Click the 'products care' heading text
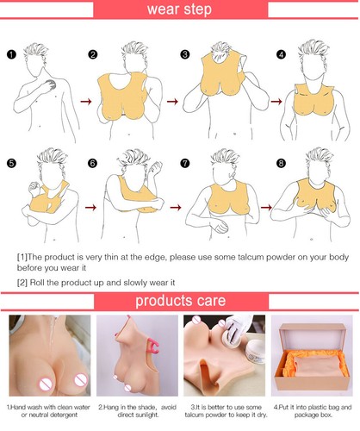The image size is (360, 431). tap(179, 301)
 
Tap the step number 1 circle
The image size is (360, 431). tap(11, 55)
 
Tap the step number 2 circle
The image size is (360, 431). tap(94, 55)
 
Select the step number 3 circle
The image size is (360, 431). tap(184, 55)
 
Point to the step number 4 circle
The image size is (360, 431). tap(281, 55)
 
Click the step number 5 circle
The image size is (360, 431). tap(11, 161)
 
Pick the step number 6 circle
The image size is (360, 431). tap(94, 161)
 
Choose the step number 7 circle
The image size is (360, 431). tap(184, 161)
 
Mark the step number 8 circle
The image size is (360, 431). tap(281, 161)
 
